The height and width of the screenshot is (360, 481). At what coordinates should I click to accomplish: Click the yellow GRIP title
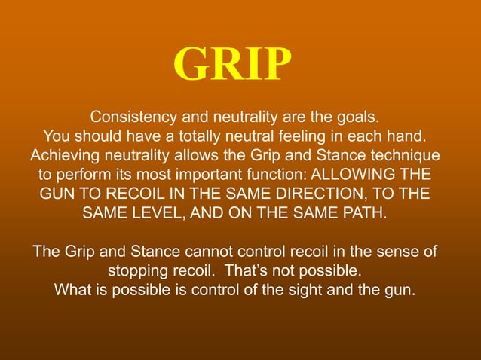point(232,66)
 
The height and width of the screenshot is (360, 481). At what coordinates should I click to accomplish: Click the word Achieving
point(64,156)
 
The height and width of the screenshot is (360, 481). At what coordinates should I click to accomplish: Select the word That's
point(256,269)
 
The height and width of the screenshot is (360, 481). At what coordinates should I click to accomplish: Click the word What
point(72,288)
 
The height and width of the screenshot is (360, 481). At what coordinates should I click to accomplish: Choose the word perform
point(83,175)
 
